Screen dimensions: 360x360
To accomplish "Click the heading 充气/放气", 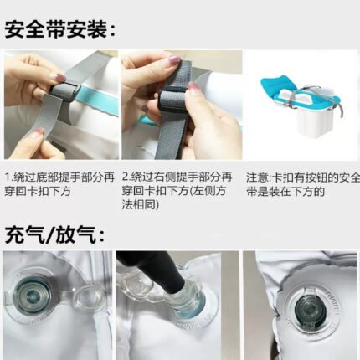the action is [55, 235].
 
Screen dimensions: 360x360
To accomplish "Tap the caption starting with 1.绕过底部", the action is [59, 184].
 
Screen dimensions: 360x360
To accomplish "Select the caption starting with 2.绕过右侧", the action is [177, 191].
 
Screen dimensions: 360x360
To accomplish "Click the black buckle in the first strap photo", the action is [64, 90].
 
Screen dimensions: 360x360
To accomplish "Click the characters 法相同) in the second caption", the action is [141, 205].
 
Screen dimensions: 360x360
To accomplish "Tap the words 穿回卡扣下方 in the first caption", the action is [38, 192].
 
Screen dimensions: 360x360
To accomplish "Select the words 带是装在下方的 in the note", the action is [285, 192].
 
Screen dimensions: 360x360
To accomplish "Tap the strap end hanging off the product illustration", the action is [340, 111].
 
